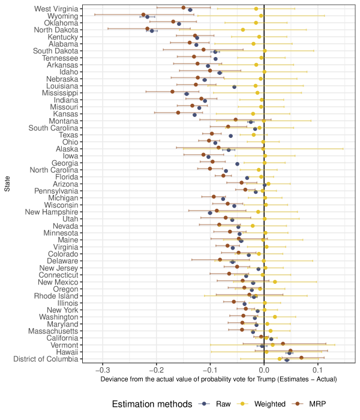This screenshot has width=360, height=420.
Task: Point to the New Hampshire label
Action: coord(52,212)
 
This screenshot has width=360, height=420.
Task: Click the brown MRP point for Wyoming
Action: coord(143,14)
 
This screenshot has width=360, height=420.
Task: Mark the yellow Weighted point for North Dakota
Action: coord(242,29)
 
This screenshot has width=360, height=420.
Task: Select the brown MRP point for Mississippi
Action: coord(172,92)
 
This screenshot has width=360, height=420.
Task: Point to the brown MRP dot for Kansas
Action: coord(178,113)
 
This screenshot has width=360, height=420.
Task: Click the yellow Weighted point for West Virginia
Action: coord(256,8)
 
